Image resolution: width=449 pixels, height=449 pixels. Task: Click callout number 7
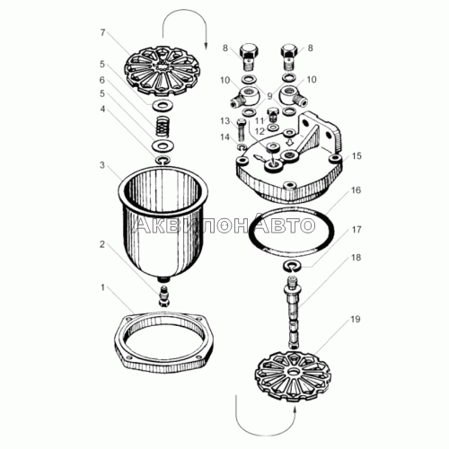pyautogui.click(x=102, y=32)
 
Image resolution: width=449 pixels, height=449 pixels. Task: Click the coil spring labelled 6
pyautogui.click(x=163, y=127)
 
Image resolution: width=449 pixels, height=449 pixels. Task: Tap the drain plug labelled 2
pyautogui.click(x=164, y=295)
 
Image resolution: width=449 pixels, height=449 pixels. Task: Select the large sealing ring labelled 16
pyautogui.click(x=291, y=230)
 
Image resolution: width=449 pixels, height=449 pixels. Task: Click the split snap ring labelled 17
pyautogui.click(x=291, y=266)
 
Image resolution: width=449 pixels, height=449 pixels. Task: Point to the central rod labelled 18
pyautogui.click(x=293, y=313)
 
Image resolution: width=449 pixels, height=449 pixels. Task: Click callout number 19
pyautogui.click(x=356, y=319)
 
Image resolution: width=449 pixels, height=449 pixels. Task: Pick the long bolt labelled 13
pyautogui.click(x=242, y=130)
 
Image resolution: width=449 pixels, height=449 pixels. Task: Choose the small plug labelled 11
pyautogui.click(x=272, y=113)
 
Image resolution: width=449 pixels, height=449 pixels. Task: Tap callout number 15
pyautogui.click(x=357, y=155)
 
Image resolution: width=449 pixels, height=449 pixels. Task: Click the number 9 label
pyautogui.click(x=269, y=96)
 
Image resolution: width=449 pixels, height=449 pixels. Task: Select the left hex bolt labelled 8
pyautogui.click(x=250, y=57)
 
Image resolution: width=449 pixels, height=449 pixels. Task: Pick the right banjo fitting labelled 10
pyautogui.click(x=293, y=96)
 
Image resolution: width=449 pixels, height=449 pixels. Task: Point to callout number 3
pyautogui.click(x=102, y=165)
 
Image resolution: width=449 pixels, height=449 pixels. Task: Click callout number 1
pyautogui.click(x=102, y=287)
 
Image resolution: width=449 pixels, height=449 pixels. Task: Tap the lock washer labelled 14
pyautogui.click(x=242, y=147)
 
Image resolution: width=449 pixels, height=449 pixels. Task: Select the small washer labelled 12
pyautogui.click(x=272, y=128)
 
